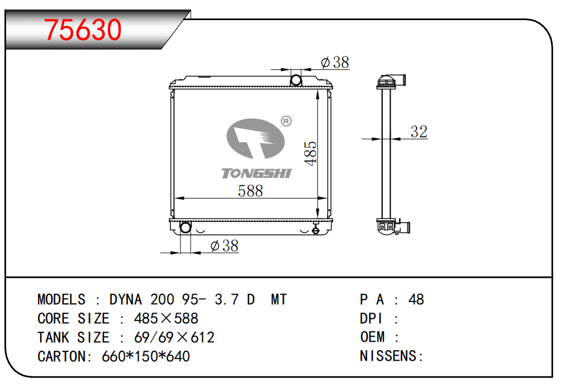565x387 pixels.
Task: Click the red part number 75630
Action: click(x=83, y=30)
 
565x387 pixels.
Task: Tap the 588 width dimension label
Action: click(x=250, y=191)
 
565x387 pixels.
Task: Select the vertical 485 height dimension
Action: click(x=310, y=154)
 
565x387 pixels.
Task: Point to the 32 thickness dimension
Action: click(x=419, y=131)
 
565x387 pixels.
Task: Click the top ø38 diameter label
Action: click(x=335, y=63)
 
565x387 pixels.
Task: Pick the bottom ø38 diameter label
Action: click(x=225, y=246)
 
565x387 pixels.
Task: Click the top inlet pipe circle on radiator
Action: click(x=296, y=80)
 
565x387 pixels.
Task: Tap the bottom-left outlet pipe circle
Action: click(x=185, y=227)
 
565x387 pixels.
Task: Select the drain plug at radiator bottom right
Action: click(x=316, y=229)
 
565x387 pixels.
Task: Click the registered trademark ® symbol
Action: click(x=286, y=121)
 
